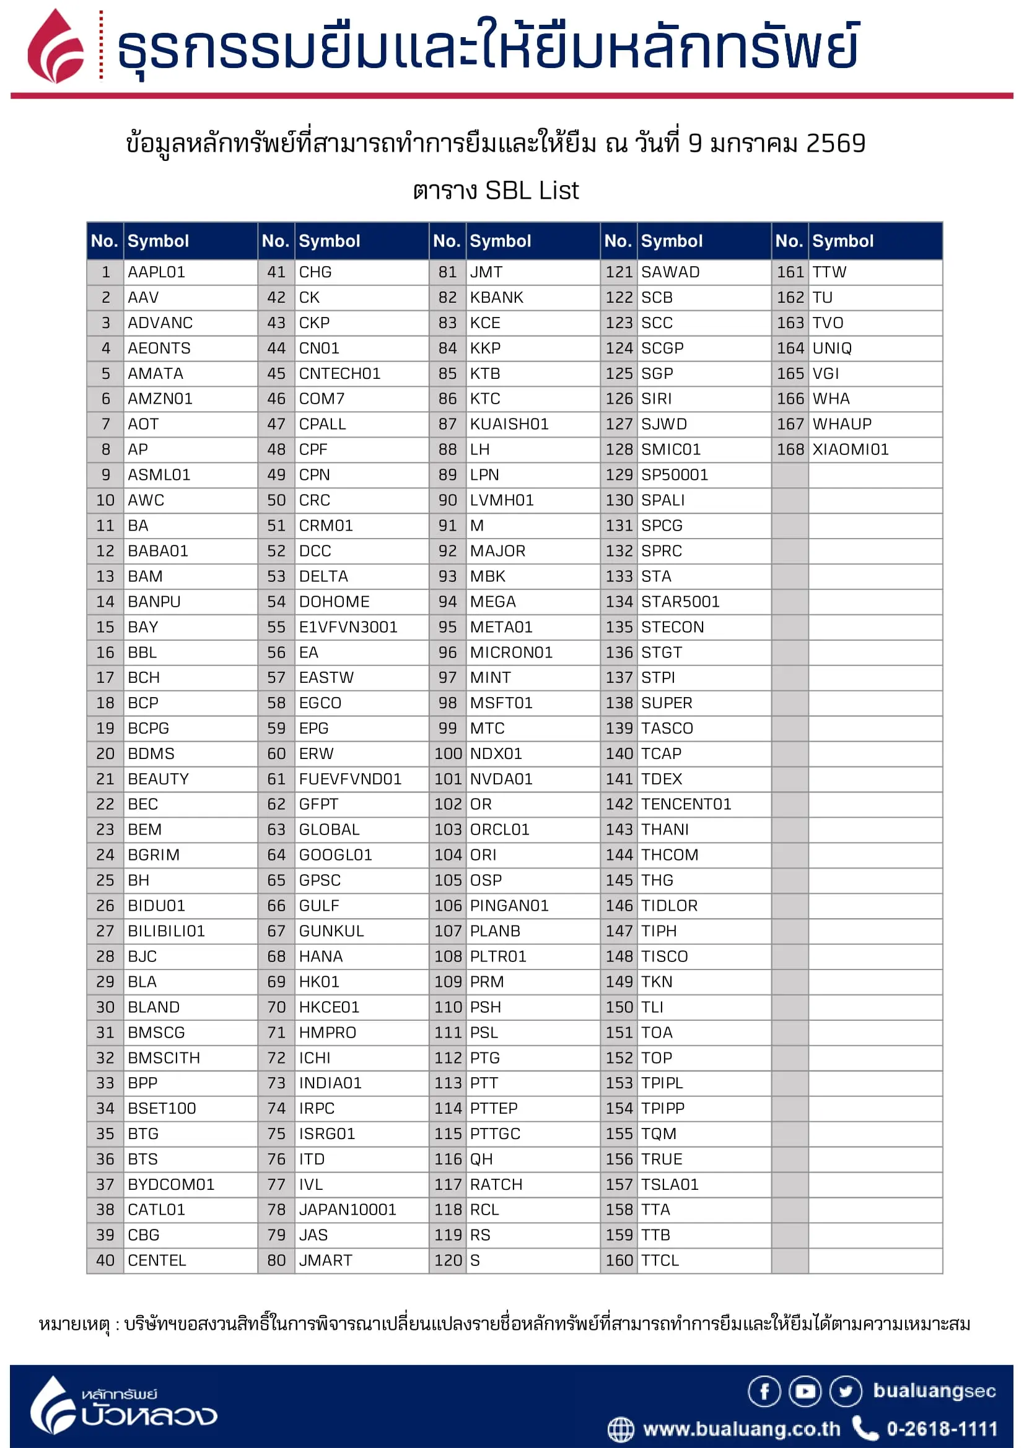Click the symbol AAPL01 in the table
click(x=156, y=272)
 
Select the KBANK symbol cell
click(x=496, y=297)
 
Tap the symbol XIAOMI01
click(x=850, y=449)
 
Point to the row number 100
click(x=447, y=753)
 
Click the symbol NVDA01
click(x=501, y=778)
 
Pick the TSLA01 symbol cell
click(x=670, y=1184)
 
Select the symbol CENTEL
click(x=157, y=1259)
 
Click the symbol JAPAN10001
click(x=347, y=1209)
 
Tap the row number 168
click(x=790, y=449)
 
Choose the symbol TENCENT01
click(x=686, y=804)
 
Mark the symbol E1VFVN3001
click(x=348, y=626)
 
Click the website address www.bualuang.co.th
click(x=741, y=1428)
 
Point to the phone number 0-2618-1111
click(x=942, y=1428)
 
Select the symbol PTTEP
click(x=493, y=1108)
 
